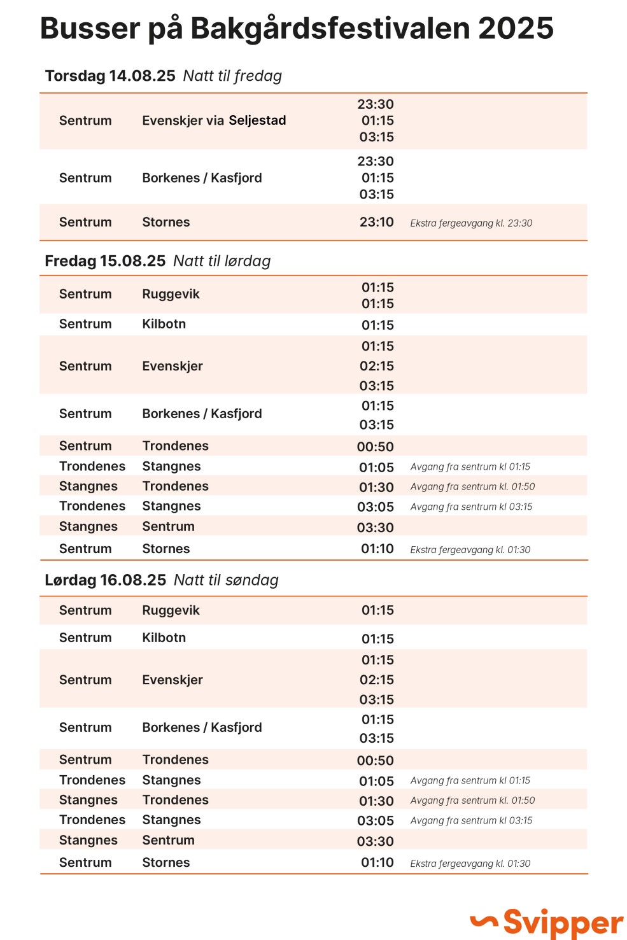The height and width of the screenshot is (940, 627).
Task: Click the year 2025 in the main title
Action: coord(516,29)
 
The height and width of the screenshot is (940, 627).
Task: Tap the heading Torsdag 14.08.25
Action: coord(110,76)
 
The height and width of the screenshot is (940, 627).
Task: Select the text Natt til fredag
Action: coord(232,76)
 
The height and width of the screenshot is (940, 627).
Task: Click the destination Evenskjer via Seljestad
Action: coord(214,120)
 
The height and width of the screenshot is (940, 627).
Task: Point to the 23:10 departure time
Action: coord(376,222)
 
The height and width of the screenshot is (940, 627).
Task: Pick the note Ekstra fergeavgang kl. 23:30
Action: coord(471,223)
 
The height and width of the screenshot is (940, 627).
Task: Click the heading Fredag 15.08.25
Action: coord(105,261)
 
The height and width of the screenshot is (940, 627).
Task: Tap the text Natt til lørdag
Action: coord(222,261)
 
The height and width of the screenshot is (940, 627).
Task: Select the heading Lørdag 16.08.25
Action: coord(105,580)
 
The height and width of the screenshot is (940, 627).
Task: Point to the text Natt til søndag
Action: coord(226,580)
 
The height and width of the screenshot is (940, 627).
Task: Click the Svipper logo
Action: coord(547,922)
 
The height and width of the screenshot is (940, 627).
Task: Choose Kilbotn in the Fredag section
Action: coord(164,324)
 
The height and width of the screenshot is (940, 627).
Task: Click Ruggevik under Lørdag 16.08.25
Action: coord(171,610)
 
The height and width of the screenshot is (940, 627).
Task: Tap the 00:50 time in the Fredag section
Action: coord(375,447)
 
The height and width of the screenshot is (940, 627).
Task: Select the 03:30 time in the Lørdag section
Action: coord(375,841)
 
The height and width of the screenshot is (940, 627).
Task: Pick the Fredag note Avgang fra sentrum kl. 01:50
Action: coord(472,487)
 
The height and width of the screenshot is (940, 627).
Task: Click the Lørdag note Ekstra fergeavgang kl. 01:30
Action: coord(470,864)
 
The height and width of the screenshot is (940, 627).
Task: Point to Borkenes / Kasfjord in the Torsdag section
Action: coord(202,178)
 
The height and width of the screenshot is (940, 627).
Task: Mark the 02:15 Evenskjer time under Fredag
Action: coord(376,366)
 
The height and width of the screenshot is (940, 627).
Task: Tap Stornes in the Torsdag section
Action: coord(166,222)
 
